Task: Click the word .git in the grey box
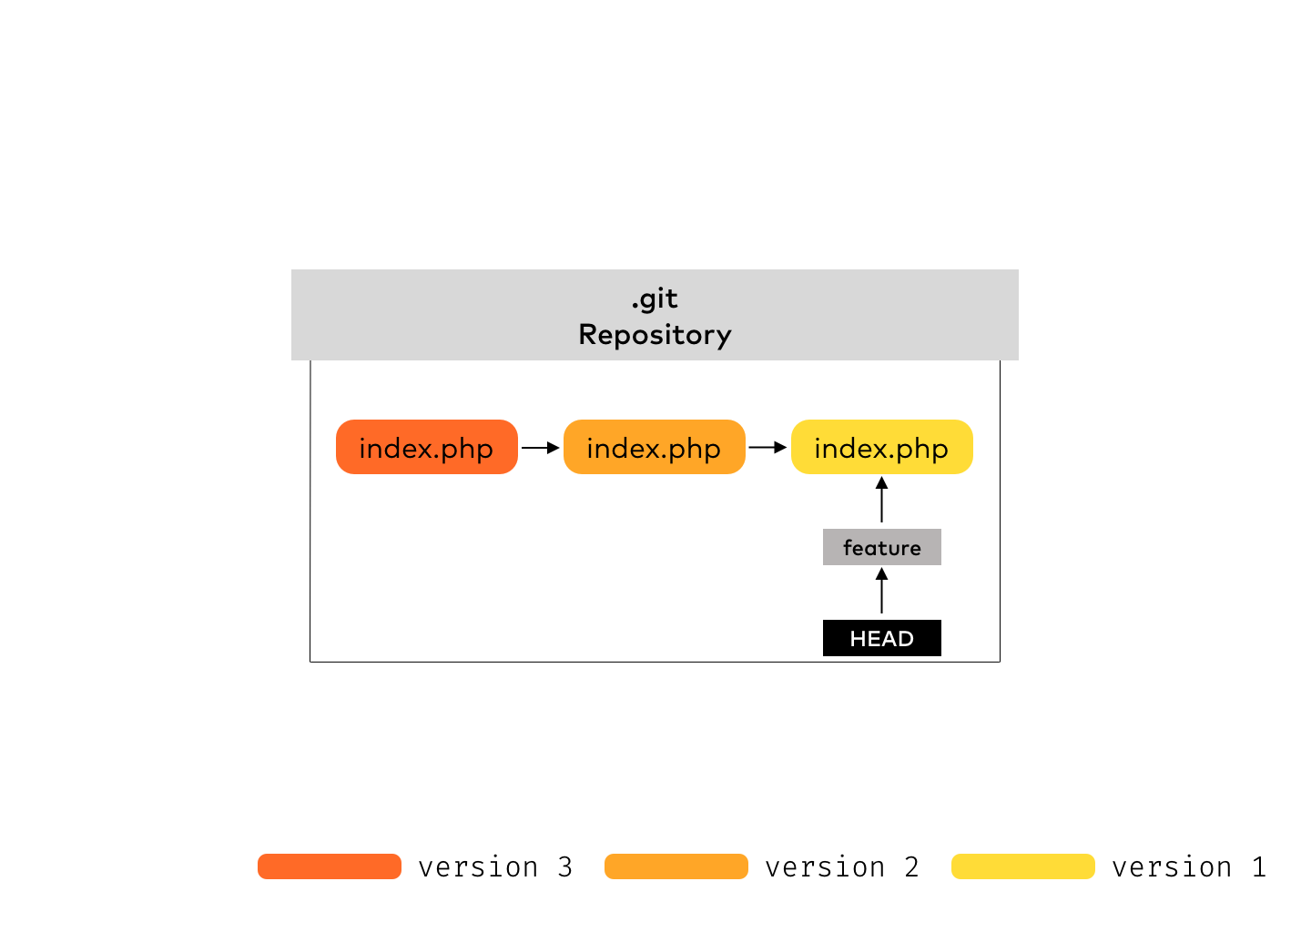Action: [x=655, y=299]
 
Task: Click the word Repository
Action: [x=655, y=334]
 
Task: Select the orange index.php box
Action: [x=426, y=447]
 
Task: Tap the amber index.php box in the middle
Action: [x=654, y=447]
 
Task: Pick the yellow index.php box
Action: [x=881, y=447]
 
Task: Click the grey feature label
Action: [x=881, y=547]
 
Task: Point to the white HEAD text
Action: [x=881, y=639]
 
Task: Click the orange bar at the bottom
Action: [x=330, y=866]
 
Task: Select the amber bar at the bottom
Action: [x=676, y=866]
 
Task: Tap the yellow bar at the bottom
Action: [x=1023, y=866]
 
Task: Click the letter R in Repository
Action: [x=588, y=334]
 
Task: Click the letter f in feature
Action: [x=848, y=547]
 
